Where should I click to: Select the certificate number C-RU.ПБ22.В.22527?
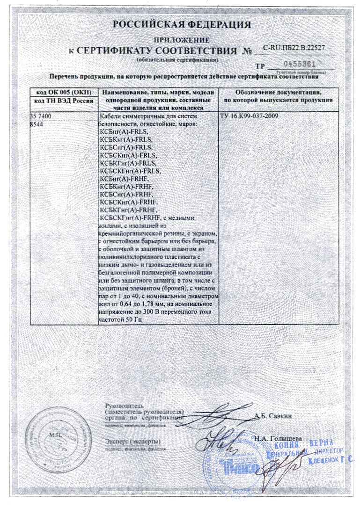(x=294, y=48)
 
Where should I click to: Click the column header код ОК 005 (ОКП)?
(x=64, y=92)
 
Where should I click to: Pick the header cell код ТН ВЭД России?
(x=64, y=101)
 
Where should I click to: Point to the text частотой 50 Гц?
(x=121, y=319)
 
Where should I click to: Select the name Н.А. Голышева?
(x=278, y=439)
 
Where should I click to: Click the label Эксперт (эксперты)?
(x=132, y=442)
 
